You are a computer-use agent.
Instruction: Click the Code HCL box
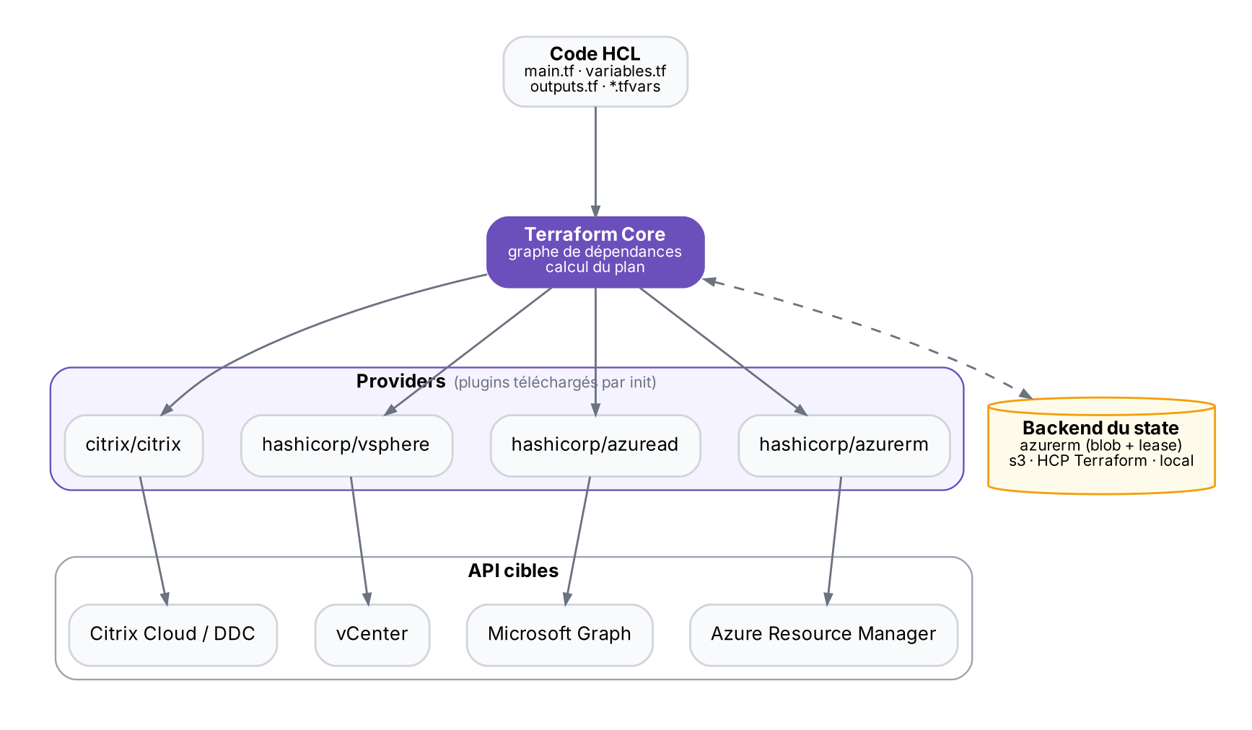click(595, 71)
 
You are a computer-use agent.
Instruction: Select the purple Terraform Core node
click(595, 252)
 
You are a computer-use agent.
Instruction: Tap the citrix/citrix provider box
click(133, 445)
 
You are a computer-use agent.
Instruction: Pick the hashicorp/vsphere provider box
click(346, 445)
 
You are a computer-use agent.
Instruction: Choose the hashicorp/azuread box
click(595, 445)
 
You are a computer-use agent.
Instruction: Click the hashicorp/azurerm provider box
click(844, 445)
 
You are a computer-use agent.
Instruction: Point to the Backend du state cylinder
click(1101, 445)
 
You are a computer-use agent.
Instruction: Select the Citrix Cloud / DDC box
click(173, 635)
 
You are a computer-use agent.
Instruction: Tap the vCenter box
click(372, 635)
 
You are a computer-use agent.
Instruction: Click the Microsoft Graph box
click(560, 635)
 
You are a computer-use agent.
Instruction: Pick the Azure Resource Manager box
click(824, 635)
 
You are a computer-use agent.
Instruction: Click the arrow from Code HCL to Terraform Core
click(595, 162)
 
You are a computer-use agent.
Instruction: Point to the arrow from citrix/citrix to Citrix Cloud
click(154, 540)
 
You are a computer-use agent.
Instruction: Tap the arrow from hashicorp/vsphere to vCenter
click(359, 540)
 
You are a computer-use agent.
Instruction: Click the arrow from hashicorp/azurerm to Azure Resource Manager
click(834, 540)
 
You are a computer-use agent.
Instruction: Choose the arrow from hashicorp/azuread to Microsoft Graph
click(578, 540)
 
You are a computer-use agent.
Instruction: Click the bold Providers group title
click(400, 382)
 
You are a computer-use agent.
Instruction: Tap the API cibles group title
click(513, 571)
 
